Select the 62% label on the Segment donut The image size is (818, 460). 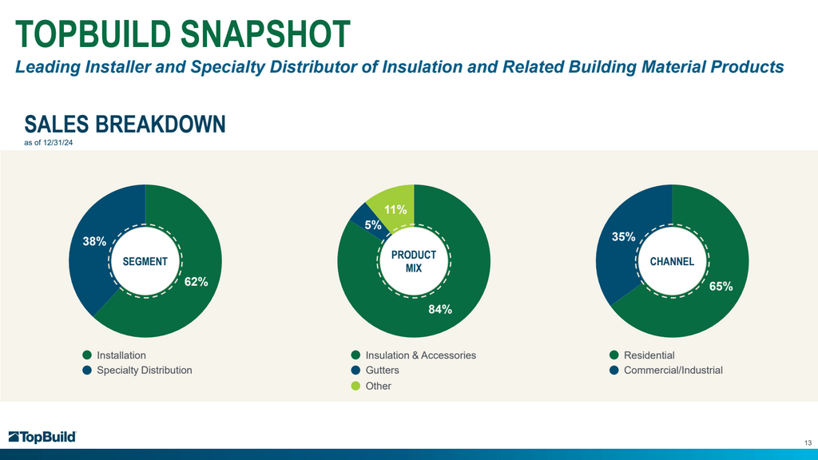[196, 282]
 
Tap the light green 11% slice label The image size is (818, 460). [395, 211]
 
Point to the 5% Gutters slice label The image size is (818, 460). [373, 226]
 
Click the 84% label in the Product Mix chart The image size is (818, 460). [440, 310]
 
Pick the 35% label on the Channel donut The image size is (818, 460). [624, 237]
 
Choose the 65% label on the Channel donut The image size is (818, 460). [721, 286]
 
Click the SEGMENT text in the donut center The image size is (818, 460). [145, 262]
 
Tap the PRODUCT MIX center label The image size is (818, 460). [413, 262]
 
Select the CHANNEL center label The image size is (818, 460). [672, 262]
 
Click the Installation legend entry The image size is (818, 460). [121, 355]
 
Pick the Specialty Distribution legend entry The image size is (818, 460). [144, 371]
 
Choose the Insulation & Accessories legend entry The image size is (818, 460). [420, 355]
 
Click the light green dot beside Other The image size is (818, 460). [355, 386]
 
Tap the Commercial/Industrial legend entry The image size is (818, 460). [673, 371]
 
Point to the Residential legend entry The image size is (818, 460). [649, 355]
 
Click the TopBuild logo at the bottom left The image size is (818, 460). [42, 437]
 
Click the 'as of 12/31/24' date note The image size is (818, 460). [49, 143]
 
